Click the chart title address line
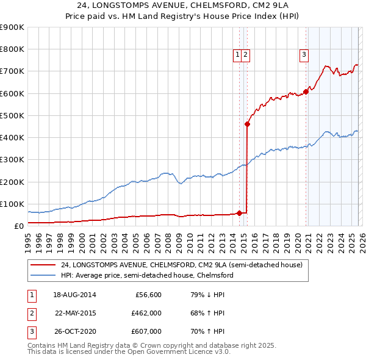pos(183,5)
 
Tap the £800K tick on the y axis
pos(12,49)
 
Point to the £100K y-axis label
pos(12,204)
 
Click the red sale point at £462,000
pos(247,124)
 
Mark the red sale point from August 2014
pos(239,213)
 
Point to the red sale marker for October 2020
pos(306,92)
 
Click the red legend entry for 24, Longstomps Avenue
pos(165,265)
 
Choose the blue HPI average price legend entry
pos(147,275)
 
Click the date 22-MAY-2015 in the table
pos(76,313)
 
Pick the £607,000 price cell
pos(146,331)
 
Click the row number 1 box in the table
pos(31,295)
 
